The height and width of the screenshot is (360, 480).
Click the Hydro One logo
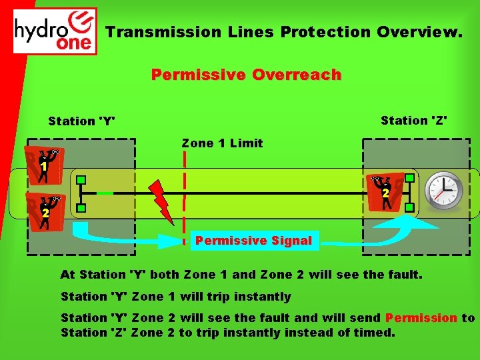[x=55, y=31]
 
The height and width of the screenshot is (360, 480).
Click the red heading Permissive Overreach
[x=246, y=75]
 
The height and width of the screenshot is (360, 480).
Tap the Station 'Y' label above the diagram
[x=81, y=121]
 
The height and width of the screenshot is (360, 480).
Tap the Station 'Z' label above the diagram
[x=413, y=121]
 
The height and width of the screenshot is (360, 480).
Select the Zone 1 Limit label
[x=222, y=143]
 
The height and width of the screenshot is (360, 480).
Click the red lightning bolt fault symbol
[x=163, y=201]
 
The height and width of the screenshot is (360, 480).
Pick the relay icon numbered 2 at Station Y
[x=45, y=211]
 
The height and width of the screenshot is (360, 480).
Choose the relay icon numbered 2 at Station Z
[x=385, y=192]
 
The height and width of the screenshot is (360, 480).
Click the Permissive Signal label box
[x=253, y=241]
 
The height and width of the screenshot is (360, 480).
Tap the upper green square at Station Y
[x=81, y=180]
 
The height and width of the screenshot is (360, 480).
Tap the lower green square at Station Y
[x=81, y=209]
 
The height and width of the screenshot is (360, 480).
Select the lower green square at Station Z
[x=409, y=207]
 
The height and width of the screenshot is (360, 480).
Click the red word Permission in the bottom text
[x=421, y=318]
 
